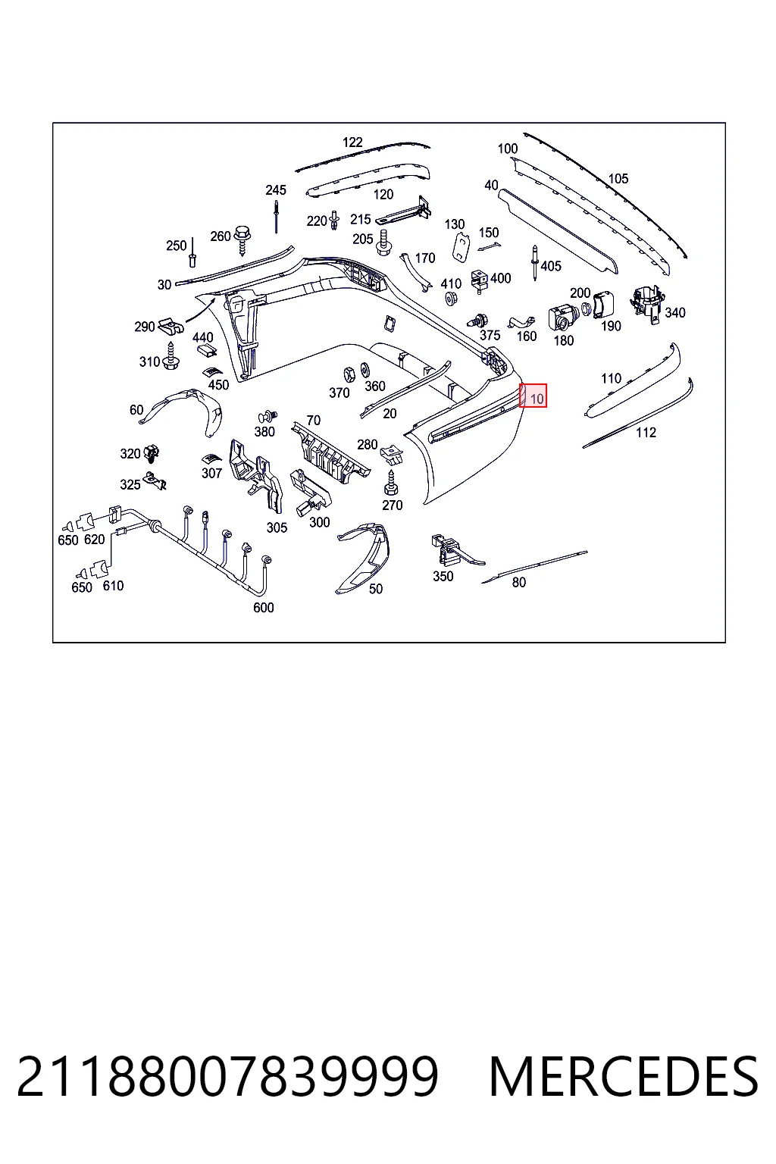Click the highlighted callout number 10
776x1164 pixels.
click(x=537, y=399)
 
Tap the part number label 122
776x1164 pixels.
click(x=352, y=142)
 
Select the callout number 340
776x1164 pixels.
click(x=674, y=313)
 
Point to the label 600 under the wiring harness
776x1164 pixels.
click(x=264, y=608)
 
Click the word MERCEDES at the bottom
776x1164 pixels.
click(x=623, y=1077)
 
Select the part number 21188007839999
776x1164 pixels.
click(x=227, y=1077)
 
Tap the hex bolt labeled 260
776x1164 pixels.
click(x=242, y=239)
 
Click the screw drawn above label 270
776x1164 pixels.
click(x=391, y=483)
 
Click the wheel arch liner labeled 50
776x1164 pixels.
click(x=364, y=558)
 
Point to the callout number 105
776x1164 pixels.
click(x=618, y=179)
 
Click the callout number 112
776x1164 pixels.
click(x=646, y=433)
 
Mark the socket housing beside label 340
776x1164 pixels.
click(x=646, y=305)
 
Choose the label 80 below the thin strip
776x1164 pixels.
click(x=518, y=583)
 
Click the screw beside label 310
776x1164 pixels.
click(x=171, y=356)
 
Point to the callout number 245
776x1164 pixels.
click(x=276, y=190)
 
